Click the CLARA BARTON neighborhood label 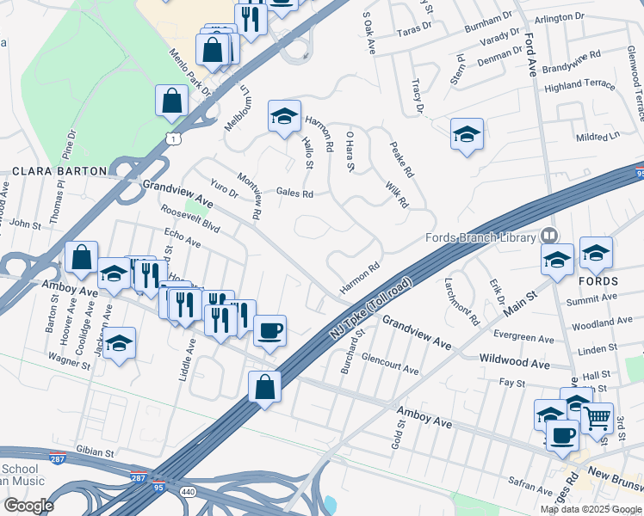pos(59,170)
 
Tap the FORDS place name pos(599,281)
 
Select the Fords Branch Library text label pos(480,238)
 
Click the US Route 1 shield pos(176,138)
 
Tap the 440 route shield pos(187,490)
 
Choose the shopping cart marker pos(597,417)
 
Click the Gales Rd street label pos(294,193)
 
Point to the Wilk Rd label pos(397,194)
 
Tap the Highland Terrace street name pos(580,85)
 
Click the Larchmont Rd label pos(462,302)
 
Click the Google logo pos(28,506)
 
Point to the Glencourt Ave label pos(390,364)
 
